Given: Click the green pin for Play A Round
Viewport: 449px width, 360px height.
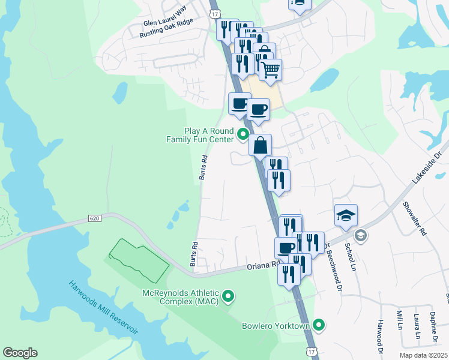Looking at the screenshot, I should tap(243, 134).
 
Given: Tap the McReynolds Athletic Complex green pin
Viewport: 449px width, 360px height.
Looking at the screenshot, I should tap(228, 296).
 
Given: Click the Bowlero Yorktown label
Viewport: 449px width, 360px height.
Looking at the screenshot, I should tap(276, 326).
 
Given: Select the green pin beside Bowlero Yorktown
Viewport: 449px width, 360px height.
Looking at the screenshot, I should tap(319, 326).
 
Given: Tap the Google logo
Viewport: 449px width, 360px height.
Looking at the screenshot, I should tap(20, 353).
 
